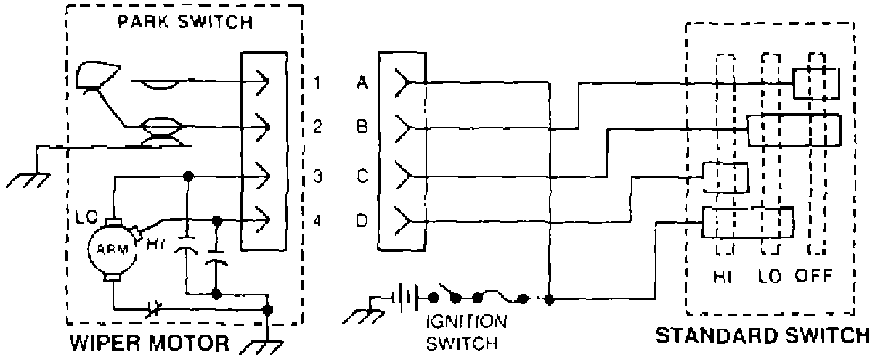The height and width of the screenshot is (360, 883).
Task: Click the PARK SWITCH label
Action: (x=185, y=22)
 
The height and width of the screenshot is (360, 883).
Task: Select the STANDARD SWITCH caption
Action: (x=762, y=335)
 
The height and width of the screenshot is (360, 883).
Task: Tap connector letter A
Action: (x=362, y=82)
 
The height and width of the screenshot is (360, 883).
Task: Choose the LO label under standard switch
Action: (x=771, y=276)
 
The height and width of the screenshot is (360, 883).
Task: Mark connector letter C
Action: (x=362, y=176)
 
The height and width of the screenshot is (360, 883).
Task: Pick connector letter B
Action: (x=362, y=128)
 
